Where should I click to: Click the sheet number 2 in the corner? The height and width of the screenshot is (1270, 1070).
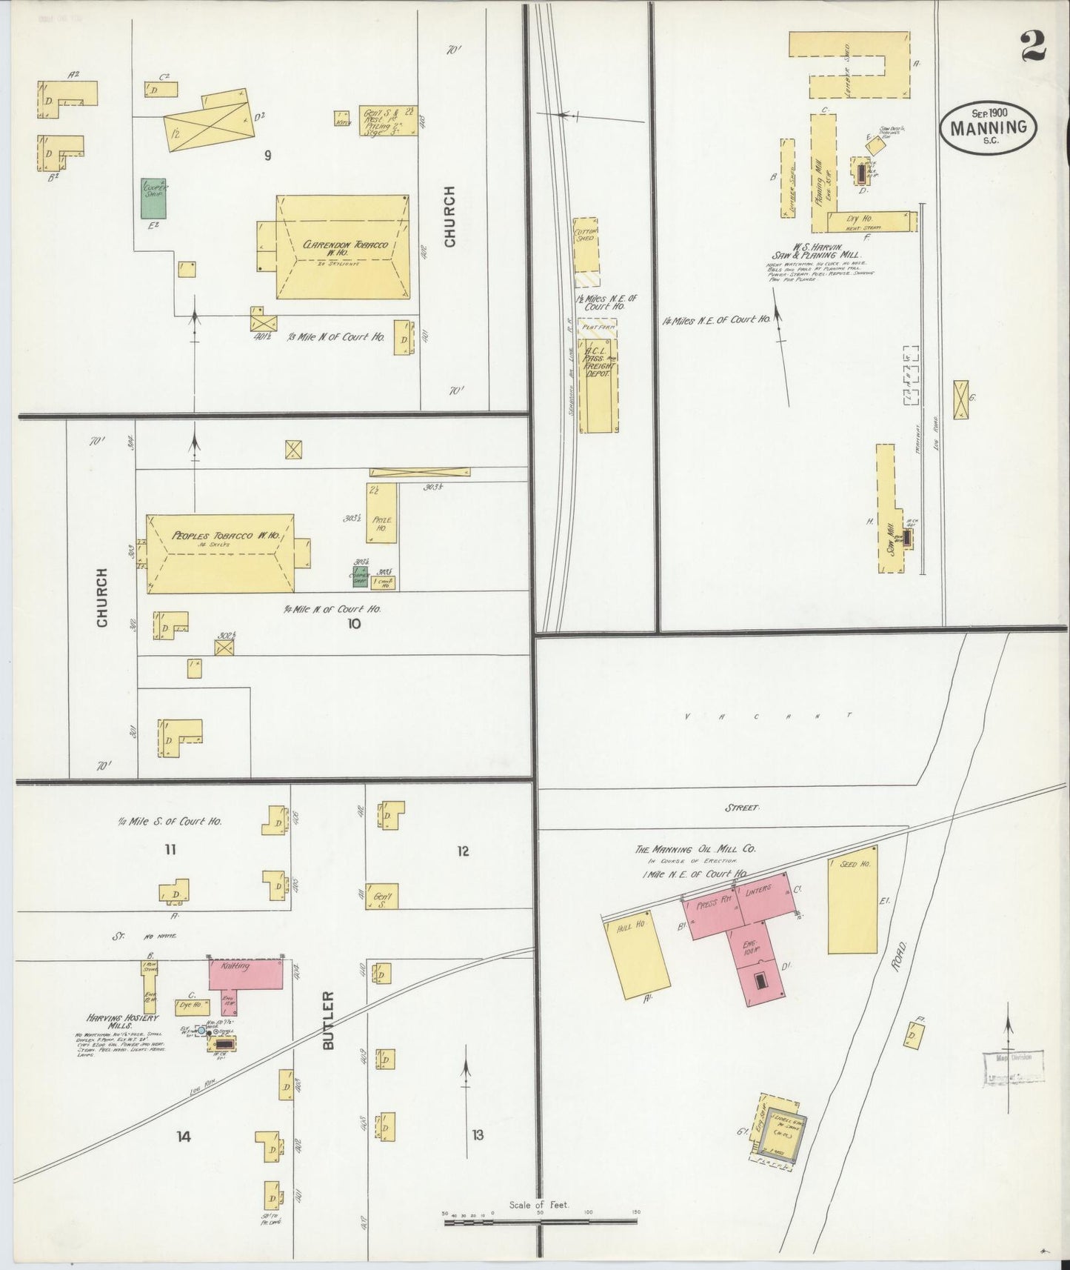(1032, 47)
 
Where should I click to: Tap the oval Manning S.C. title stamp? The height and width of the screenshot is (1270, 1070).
(989, 127)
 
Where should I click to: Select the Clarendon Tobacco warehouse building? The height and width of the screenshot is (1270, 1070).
(343, 247)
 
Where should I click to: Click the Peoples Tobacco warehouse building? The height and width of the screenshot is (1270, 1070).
(220, 553)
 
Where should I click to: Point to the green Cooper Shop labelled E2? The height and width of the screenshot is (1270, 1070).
(154, 198)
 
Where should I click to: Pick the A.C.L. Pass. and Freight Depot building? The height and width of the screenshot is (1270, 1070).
(598, 385)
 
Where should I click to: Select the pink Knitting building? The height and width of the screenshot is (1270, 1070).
(246, 973)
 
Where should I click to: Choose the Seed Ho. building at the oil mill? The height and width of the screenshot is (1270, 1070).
(852, 905)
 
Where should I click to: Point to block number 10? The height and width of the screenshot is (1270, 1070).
(354, 623)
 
